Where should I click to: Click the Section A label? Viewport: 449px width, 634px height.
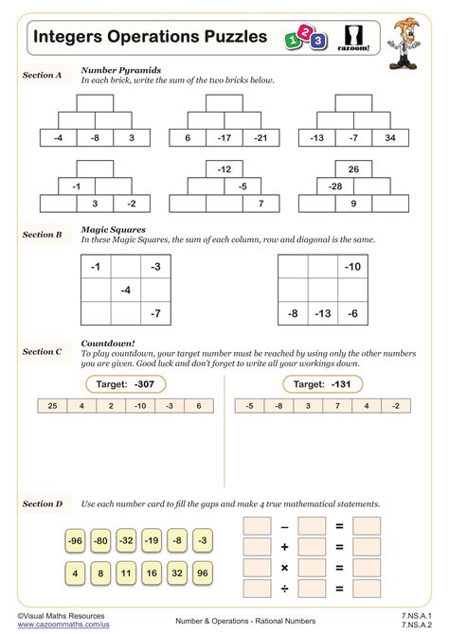tap(42, 74)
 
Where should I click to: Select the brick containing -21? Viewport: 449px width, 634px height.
tap(260, 138)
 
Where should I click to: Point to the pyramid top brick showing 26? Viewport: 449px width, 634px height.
tap(353, 169)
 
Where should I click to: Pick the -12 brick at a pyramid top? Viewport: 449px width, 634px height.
tap(224, 169)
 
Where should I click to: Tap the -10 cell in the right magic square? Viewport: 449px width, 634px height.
tap(353, 268)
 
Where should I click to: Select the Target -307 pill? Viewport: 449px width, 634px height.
tap(120, 384)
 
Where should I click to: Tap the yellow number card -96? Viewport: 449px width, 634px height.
tap(76, 541)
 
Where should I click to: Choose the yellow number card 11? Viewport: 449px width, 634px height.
tap(125, 572)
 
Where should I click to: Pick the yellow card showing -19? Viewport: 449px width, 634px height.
tap(150, 541)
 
